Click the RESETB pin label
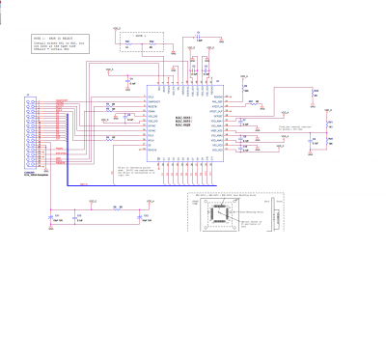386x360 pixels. tap(152, 110)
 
